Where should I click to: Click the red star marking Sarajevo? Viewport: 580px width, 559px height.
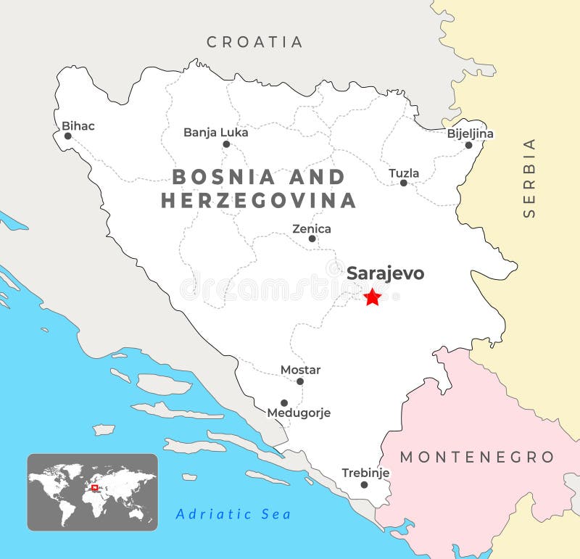point(372,297)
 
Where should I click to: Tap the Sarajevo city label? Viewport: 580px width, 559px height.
point(385,273)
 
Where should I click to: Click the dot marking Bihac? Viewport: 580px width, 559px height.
point(67,136)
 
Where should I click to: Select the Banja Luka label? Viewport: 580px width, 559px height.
point(215,132)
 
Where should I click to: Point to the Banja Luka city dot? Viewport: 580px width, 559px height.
point(226,144)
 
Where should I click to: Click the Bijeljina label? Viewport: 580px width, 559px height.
point(470,133)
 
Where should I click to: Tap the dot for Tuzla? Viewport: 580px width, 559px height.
point(404,183)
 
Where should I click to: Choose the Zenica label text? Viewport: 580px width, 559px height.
point(312,228)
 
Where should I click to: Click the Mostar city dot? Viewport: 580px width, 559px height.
point(300,381)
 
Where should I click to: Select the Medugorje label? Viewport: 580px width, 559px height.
point(299,413)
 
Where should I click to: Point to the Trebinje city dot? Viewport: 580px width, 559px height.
point(364,485)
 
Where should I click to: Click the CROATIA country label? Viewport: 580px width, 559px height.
point(254,42)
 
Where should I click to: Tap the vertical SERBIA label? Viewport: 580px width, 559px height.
point(529,178)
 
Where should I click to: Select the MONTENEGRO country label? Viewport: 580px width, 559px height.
point(477,457)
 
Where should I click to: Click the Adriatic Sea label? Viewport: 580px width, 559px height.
point(233,514)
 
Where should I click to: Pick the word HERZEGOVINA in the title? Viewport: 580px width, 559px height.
point(258,200)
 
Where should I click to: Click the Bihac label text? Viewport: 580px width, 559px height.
point(78,125)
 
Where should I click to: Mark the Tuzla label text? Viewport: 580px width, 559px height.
point(404,173)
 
